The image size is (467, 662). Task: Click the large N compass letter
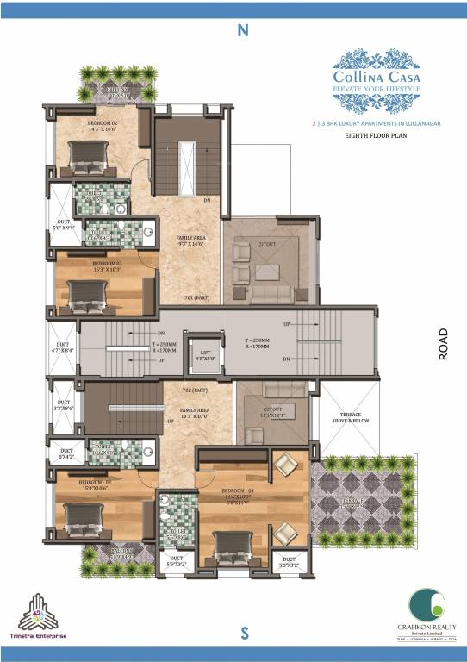[243, 30]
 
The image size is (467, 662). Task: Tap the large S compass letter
[245, 634]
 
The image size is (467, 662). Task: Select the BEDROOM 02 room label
[102, 123]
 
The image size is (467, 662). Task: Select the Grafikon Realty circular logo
[423, 603]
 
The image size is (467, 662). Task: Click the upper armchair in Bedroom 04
[284, 468]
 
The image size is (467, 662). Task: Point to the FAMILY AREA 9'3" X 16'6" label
[190, 240]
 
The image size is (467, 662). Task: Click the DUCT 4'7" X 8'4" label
[63, 347]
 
